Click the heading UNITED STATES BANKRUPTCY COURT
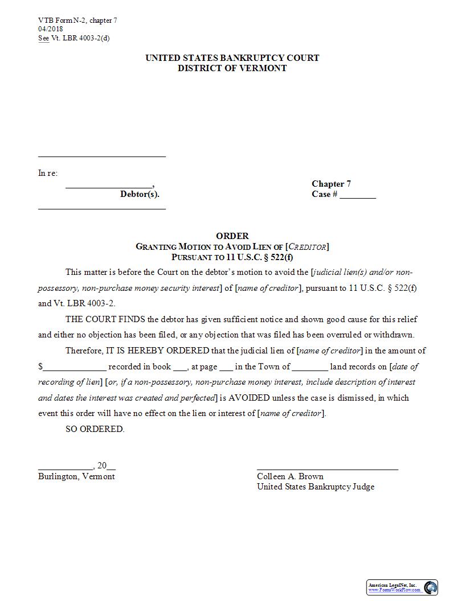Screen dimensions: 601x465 click(x=232, y=58)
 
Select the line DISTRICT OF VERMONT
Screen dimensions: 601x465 click(x=232, y=68)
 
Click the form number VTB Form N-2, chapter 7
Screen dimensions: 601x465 click(x=77, y=20)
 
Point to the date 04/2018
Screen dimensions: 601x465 click(x=51, y=29)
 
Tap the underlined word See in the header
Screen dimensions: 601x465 click(x=43, y=38)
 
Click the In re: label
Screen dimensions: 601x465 click(x=48, y=173)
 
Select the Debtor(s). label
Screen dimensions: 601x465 click(x=140, y=194)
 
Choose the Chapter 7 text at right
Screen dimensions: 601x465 click(x=331, y=184)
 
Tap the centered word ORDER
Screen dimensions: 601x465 click(x=232, y=236)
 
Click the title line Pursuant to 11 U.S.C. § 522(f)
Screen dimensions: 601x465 click(x=232, y=257)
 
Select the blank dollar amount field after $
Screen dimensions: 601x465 click(x=75, y=368)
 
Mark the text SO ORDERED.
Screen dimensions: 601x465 click(x=95, y=429)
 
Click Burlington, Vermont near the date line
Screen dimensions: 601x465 click(x=76, y=476)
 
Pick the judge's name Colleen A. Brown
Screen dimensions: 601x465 click(x=290, y=476)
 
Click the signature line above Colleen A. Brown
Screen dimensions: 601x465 click(x=327, y=469)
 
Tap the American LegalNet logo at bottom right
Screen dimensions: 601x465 click(x=430, y=587)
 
